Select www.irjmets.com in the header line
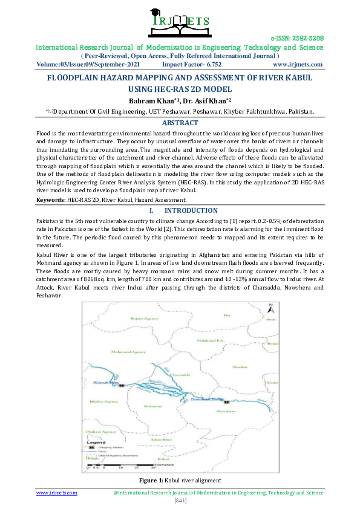(298, 64)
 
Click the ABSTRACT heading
(180, 122)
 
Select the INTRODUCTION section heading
(191, 210)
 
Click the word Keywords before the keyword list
(51, 199)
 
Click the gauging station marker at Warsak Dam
(122, 385)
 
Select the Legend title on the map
(97, 443)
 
